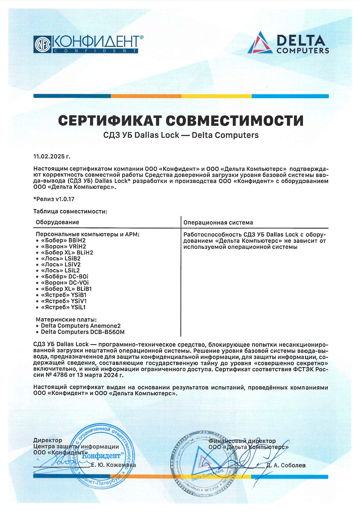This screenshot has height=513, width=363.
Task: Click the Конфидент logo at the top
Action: [88, 44]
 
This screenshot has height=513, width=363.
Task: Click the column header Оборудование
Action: [58, 222]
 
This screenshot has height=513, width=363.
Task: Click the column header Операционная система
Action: [218, 223]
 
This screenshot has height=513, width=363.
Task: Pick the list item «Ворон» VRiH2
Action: [63, 246]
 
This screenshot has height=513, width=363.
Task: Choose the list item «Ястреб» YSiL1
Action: [63, 307]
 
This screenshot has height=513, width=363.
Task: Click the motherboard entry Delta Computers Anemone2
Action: [81, 326]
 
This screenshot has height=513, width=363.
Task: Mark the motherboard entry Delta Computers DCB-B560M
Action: [83, 332]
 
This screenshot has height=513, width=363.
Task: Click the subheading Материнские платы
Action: [66, 320]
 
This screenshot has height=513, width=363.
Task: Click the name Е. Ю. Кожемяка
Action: [113, 465]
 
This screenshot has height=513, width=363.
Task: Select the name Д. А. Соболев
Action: [286, 465]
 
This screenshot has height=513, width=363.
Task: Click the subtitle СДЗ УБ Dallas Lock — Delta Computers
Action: [181, 135]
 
